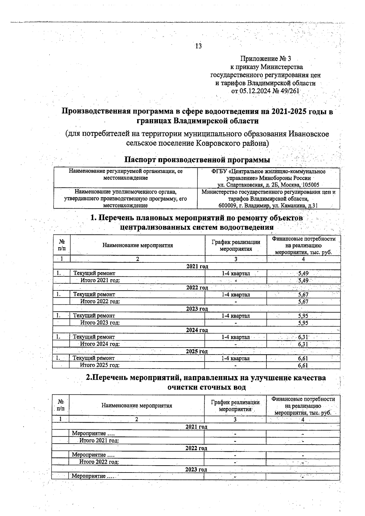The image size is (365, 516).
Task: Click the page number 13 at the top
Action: [x=198, y=46]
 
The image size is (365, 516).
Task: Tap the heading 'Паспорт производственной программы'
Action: [x=197, y=160]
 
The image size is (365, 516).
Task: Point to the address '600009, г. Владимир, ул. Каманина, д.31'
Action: [x=268, y=206]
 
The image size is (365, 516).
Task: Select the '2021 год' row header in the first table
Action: [x=197, y=266]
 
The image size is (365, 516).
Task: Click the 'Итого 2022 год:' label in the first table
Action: [x=100, y=302]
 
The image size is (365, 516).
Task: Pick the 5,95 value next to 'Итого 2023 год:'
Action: [x=303, y=323]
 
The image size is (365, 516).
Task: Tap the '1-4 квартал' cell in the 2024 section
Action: [x=235, y=337]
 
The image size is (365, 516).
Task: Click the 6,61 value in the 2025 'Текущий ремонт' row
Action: [x=303, y=358]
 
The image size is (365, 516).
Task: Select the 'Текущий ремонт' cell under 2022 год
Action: [x=94, y=294]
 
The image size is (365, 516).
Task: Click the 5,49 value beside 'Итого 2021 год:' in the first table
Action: [x=304, y=280]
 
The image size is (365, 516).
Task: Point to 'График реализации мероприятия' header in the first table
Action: [x=236, y=245]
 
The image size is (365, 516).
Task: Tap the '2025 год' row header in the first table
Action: [x=197, y=352]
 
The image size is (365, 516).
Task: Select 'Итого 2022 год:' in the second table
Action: [x=99, y=462]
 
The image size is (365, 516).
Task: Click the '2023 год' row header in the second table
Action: [x=196, y=469]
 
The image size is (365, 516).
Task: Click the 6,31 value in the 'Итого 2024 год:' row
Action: [x=303, y=344]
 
